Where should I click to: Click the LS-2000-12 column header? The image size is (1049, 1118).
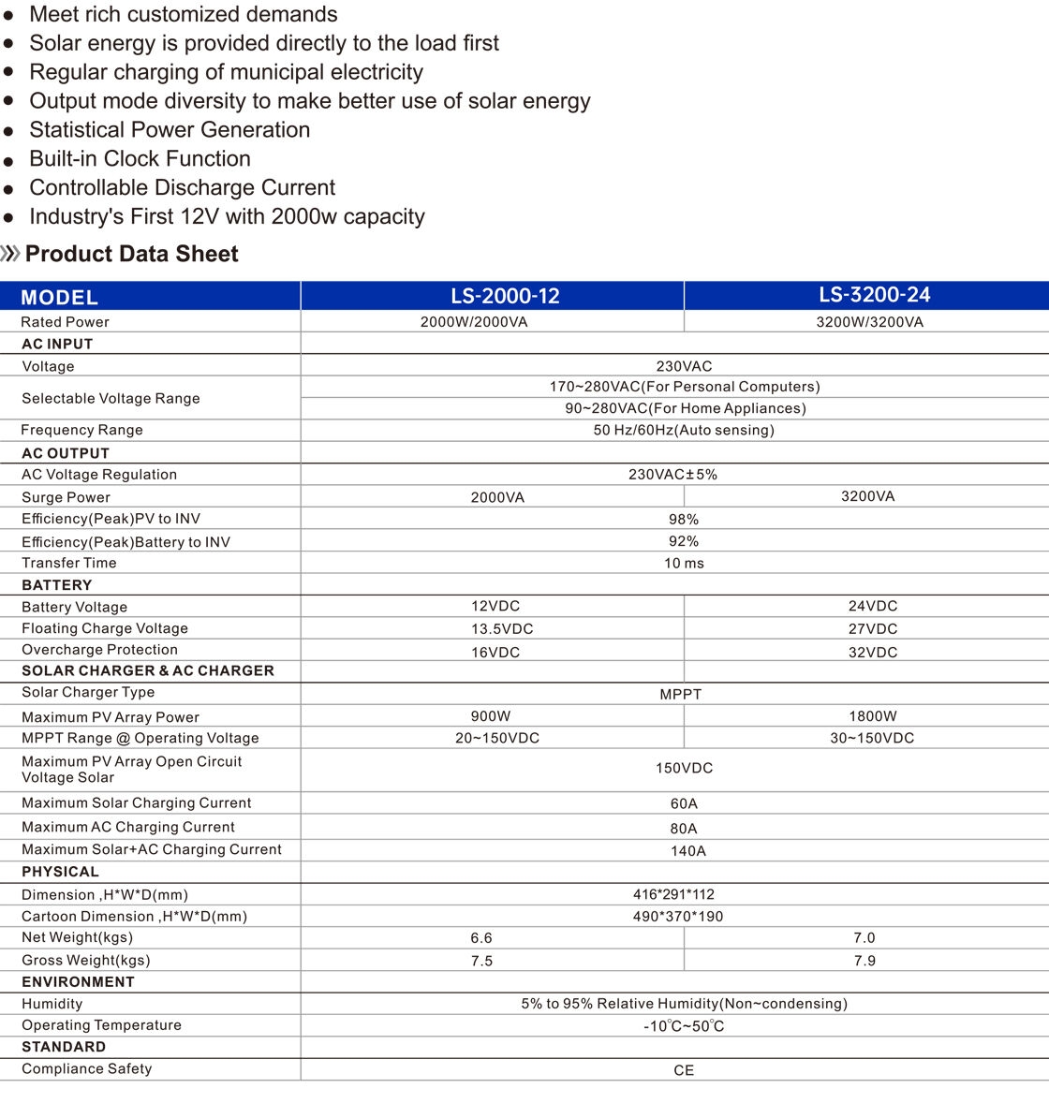(505, 296)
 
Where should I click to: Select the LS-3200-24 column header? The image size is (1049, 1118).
(874, 295)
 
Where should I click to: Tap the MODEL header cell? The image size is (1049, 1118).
(59, 298)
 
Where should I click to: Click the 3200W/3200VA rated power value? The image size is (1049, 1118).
(869, 322)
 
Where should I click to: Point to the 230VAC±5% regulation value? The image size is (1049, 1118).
(672, 475)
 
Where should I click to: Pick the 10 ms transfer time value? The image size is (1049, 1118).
(684, 564)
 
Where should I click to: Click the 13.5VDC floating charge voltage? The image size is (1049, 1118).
(502, 629)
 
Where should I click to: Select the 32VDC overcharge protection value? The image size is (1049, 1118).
(872, 653)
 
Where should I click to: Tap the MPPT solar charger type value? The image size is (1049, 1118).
(680, 695)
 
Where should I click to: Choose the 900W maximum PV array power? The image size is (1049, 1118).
(491, 716)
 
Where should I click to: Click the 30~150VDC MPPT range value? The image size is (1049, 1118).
(871, 738)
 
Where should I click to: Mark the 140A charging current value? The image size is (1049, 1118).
(687, 851)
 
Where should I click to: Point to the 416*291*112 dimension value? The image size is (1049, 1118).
(673, 894)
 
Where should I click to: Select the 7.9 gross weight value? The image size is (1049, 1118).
(864, 961)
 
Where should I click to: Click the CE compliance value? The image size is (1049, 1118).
(684, 1070)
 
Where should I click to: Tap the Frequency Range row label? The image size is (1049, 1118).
(82, 430)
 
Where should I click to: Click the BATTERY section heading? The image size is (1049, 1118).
(57, 585)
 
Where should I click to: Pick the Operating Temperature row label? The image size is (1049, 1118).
(101, 1025)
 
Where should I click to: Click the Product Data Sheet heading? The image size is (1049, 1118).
(131, 254)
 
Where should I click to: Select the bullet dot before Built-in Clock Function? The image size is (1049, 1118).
(9, 161)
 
